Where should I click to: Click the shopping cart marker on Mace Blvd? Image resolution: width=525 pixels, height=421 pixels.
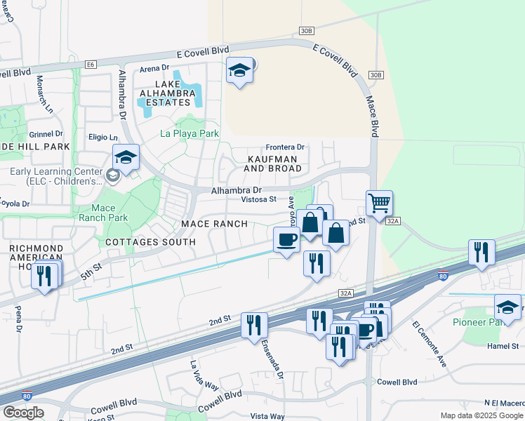click(379, 203)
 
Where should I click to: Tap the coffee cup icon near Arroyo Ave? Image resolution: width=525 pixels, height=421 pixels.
click(286, 240)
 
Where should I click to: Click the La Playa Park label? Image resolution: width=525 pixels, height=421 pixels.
click(190, 133)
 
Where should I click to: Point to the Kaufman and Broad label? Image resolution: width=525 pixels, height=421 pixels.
click(274, 164)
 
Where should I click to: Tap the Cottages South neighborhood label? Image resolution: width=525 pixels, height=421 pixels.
click(150, 242)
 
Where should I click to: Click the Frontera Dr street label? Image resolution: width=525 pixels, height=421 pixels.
click(285, 147)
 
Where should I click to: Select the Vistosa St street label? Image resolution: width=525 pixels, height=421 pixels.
click(259, 199)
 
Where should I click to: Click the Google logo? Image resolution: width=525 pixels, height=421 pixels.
click(23, 413)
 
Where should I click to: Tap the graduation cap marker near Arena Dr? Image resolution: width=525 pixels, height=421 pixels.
click(239, 71)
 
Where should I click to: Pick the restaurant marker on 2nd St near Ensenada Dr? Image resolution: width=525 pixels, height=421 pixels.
click(254, 325)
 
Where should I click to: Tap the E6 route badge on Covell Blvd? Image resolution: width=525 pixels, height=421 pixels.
click(90, 65)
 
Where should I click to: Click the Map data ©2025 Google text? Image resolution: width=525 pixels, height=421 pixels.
click(481, 415)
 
